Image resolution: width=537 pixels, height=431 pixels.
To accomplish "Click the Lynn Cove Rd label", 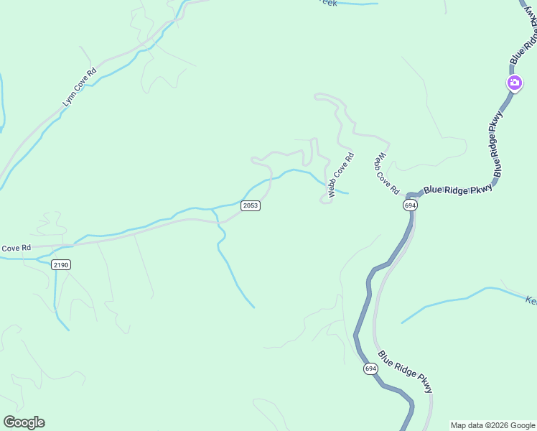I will (x=79, y=88).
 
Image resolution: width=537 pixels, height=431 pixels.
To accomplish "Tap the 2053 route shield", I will (x=251, y=205).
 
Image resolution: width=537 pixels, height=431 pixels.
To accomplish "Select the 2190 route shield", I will (x=61, y=265).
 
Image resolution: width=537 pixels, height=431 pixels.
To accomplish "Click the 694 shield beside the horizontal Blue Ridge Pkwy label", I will (x=409, y=205).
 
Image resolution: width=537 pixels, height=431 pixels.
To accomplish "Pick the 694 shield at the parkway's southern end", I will (x=370, y=369).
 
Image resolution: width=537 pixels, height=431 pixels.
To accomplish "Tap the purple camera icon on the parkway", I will (x=514, y=83).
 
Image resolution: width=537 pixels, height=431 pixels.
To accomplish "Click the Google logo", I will (x=24, y=422).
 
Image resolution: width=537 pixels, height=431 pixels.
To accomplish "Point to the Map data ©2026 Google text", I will (x=492, y=425).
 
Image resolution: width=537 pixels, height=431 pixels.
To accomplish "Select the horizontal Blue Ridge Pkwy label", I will (x=458, y=189).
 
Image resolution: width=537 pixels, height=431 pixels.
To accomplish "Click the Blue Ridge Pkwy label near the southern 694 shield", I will (x=406, y=371).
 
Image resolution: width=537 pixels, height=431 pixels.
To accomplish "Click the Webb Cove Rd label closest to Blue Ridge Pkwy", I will (x=386, y=173).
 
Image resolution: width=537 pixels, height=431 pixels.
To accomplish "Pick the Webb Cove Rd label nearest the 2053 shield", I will (x=341, y=175).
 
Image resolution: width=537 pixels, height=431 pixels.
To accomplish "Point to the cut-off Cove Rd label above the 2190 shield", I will (x=16, y=248).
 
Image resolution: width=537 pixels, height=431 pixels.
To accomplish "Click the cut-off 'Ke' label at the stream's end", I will (x=531, y=300).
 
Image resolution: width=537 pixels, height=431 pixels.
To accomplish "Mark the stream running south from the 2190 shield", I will (x=56, y=302).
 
